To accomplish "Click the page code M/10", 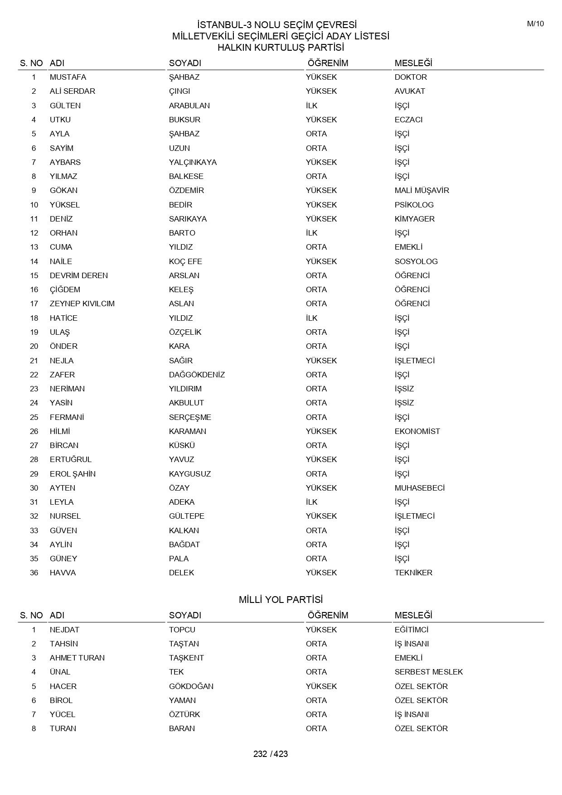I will (535, 24).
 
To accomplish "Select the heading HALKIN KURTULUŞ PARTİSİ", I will (281, 48).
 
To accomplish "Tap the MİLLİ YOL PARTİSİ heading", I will (281, 600).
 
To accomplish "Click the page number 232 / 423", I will (271, 754).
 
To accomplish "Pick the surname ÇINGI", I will (179, 91).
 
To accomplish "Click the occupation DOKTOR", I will (411, 77).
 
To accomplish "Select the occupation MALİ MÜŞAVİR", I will (421, 190).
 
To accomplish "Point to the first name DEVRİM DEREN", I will (79, 275).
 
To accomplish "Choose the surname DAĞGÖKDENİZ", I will (197, 375).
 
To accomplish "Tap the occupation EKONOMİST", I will (417, 431).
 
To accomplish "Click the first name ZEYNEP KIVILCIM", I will (82, 304).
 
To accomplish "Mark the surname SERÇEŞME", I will (190, 417).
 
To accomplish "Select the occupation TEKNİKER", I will (413, 573).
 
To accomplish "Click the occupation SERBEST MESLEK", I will (429, 672).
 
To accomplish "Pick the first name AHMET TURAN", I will (77, 658).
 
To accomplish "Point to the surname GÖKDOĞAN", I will (191, 686).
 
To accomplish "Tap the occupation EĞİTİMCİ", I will (411, 630).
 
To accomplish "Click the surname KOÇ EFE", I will (185, 261).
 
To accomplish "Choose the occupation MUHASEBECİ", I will (419, 488).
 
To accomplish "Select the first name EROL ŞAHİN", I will (73, 474).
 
